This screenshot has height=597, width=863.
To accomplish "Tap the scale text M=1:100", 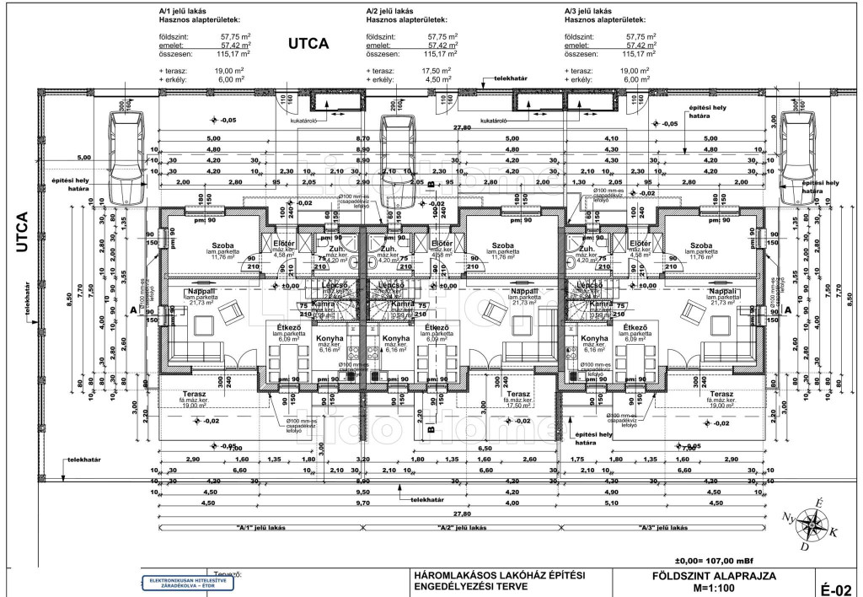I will (713, 588).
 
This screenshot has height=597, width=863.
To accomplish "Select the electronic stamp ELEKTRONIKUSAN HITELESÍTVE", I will (180, 581).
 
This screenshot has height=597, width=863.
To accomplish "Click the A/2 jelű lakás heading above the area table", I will (395, 11).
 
